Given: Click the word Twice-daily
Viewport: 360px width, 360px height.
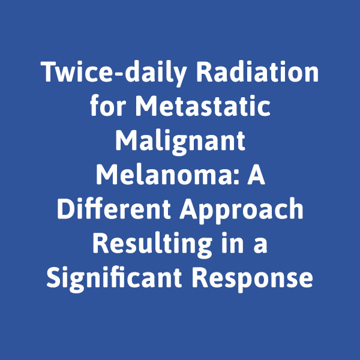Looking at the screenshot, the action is [113, 73].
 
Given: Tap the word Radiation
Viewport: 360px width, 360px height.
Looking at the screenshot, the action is [257, 71].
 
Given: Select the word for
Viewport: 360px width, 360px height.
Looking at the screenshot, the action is [108, 105].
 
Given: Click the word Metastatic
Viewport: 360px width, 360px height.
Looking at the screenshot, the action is [203, 106].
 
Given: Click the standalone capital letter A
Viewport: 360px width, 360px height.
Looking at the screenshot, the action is [256, 174].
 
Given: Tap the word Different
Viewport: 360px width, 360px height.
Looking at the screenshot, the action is [114, 208].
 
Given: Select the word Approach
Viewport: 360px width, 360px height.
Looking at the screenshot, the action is [242, 210].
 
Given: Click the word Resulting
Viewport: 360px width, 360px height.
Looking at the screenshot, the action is [152, 244].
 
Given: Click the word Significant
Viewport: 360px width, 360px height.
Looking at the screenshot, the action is [114, 278].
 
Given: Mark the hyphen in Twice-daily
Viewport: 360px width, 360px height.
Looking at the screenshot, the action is [118, 74].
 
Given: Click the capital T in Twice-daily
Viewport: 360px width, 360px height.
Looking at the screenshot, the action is [49, 72].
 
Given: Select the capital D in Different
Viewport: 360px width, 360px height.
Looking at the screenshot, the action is [65, 208].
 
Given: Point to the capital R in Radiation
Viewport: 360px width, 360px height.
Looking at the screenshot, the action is [204, 72].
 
